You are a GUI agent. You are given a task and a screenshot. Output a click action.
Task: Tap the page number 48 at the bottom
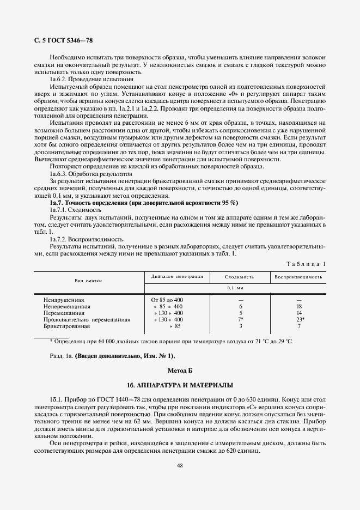[x=179, y=465]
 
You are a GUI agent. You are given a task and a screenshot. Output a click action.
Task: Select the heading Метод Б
[x=180, y=370]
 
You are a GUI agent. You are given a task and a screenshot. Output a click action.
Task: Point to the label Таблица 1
[x=306, y=264]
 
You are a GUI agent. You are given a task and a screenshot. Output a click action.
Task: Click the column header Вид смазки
[x=88, y=281]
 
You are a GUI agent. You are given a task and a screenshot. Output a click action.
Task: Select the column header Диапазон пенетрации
[x=177, y=276]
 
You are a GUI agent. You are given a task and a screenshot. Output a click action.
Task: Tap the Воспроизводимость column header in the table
[x=298, y=276]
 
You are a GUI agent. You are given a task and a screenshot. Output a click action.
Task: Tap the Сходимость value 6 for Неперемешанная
[x=240, y=306]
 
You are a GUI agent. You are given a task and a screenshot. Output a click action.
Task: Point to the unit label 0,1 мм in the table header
[x=240, y=287]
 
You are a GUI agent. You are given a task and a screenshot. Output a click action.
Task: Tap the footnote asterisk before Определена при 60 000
[x=51, y=341]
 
